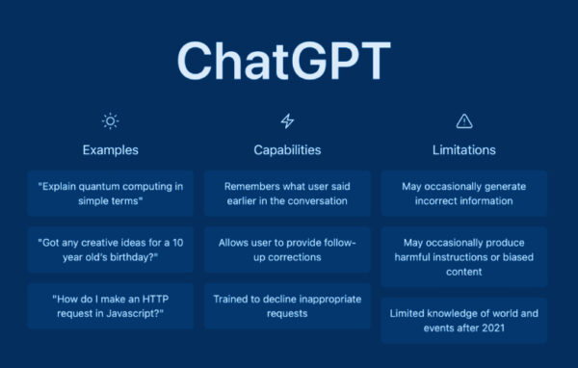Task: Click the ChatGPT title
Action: coord(286,61)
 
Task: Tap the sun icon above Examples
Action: coord(110,120)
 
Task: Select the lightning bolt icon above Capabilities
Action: coord(287,120)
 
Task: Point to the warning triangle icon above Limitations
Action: coord(464,120)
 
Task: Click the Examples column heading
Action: coord(110,150)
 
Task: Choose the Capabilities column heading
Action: coord(287,150)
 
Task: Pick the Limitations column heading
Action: coord(464,150)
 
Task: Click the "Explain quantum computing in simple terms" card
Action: coord(110,194)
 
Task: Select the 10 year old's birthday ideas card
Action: coord(110,250)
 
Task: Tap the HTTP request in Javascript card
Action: coord(110,305)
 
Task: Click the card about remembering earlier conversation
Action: coord(287,194)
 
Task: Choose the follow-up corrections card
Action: coord(287,250)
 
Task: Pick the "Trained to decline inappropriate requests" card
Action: coord(287,305)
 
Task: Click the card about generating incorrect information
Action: coord(464,194)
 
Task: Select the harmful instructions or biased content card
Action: coord(464,256)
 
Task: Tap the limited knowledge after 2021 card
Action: coord(464,320)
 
